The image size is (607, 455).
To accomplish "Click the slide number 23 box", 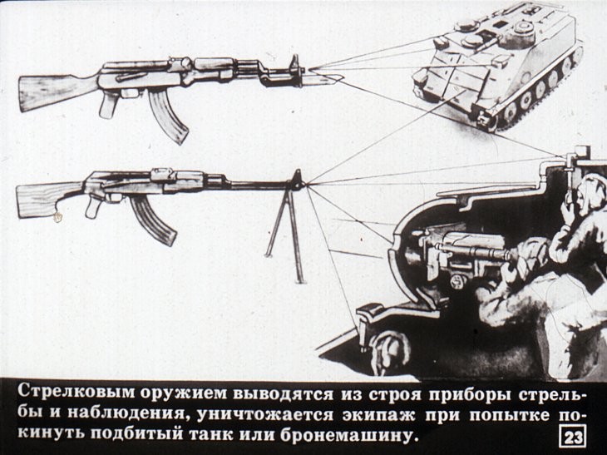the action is [x=574, y=436].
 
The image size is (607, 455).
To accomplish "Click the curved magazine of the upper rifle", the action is [x=167, y=114].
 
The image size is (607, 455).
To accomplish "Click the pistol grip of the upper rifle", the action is [x=109, y=104].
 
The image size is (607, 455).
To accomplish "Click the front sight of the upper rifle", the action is [x=295, y=62].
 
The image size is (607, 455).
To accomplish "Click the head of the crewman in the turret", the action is [x=590, y=194].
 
